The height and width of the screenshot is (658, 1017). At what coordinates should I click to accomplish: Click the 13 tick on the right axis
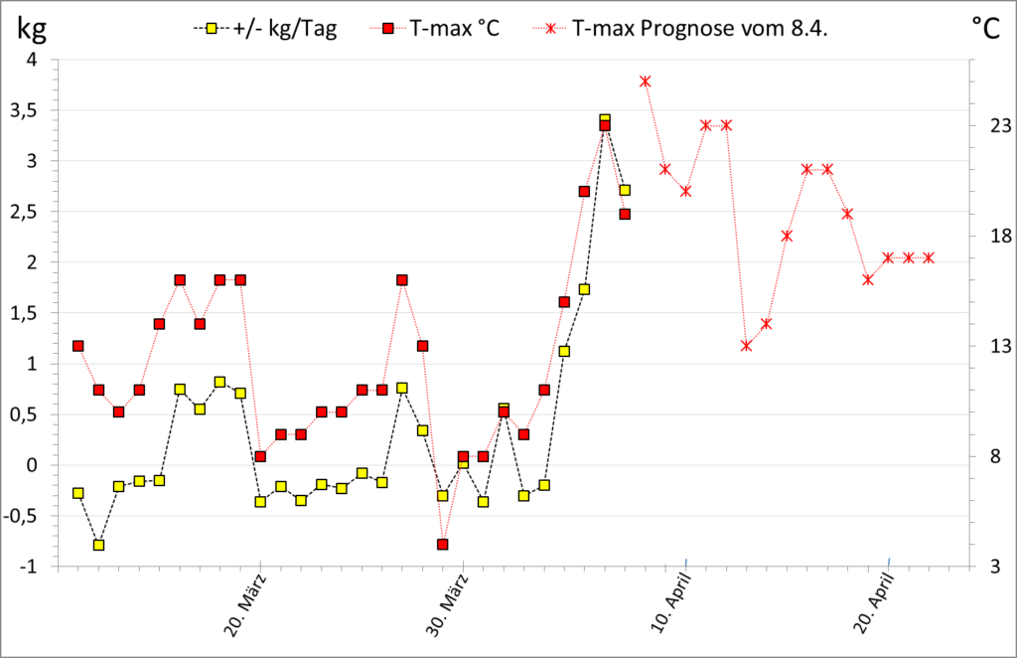click(x=986, y=346)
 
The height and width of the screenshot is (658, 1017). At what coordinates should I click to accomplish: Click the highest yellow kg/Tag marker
click(x=605, y=120)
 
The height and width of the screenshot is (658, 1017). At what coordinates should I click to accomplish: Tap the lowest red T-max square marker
click(x=443, y=545)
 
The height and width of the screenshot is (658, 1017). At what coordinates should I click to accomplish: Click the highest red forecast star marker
click(x=646, y=82)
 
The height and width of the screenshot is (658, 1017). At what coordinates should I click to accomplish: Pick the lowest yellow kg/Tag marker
click(x=98, y=545)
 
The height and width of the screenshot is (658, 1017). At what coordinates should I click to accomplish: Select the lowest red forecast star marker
click(x=747, y=346)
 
